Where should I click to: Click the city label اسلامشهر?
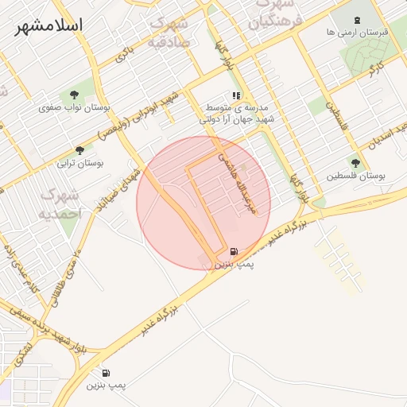(x=48, y=25)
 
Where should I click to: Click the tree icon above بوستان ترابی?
(x=79, y=149)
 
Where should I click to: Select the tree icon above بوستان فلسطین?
(x=355, y=163)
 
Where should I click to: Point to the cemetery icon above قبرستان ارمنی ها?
(x=355, y=19)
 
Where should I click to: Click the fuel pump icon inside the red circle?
(x=233, y=252)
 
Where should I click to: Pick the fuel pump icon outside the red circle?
(x=106, y=373)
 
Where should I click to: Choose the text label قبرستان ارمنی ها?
(x=354, y=33)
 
